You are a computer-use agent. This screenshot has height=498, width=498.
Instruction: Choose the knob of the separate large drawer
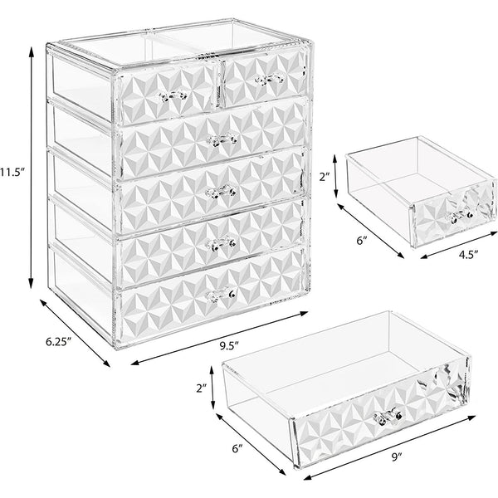click(385, 415)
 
